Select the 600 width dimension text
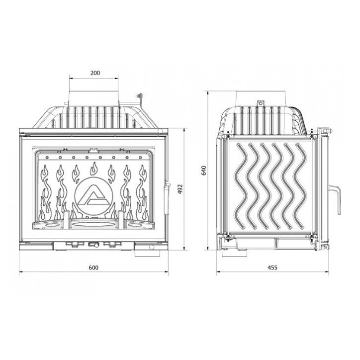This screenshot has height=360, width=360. pos(93,268)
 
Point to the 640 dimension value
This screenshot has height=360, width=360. pos(203,171)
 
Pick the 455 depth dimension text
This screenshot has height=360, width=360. pos(272,268)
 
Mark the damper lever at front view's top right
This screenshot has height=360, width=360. pos(141,97)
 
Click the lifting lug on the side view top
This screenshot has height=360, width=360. pos(259,103)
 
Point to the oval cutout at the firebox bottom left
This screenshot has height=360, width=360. pos(46,226)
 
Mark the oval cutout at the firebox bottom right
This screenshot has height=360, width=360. pos(141,226)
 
